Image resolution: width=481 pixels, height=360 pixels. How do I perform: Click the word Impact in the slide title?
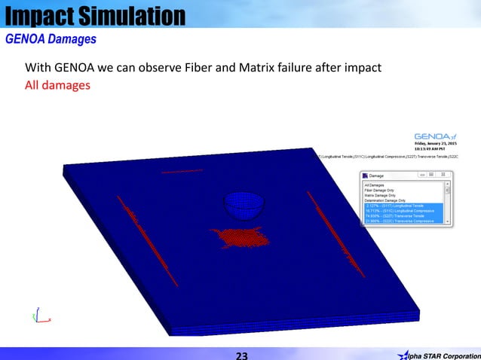coord(38,15)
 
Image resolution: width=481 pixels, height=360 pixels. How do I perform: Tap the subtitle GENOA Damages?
coord(51,38)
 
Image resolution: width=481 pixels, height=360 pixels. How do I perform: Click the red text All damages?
coord(57,85)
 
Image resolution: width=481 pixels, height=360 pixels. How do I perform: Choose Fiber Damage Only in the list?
coord(379,190)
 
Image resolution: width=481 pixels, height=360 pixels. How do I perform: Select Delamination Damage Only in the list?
coord(385,200)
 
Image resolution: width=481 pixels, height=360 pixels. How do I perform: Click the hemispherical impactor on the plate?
coord(241,204)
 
